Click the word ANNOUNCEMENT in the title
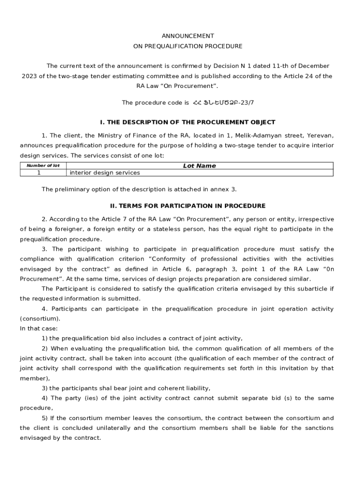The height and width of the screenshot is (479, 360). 188,36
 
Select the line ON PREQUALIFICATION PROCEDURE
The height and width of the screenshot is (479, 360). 188,46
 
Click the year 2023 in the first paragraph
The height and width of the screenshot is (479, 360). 30,76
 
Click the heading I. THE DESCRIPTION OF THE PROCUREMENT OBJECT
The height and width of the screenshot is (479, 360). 187,122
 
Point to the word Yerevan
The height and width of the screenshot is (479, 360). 320,136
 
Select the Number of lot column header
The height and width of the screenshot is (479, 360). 43,166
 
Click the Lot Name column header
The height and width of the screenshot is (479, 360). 199,166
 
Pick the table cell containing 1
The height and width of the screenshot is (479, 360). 39,173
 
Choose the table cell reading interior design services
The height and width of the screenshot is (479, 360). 105,173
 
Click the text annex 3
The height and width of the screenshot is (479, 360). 224,189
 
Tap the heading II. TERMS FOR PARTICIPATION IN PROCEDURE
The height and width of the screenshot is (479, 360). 187,206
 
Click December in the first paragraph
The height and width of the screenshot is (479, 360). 313,66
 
